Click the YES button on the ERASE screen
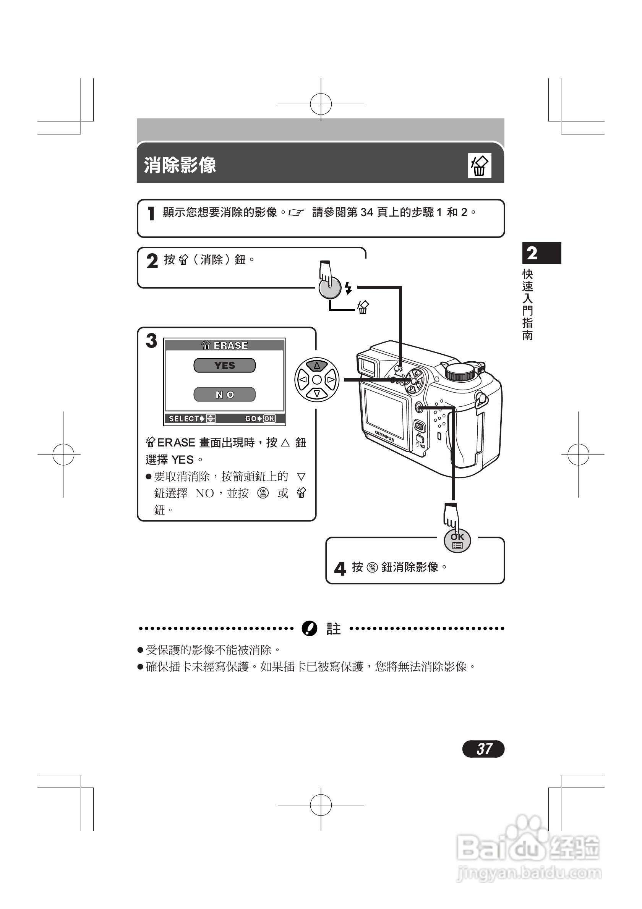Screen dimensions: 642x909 click(225, 366)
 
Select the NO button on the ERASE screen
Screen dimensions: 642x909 click(225, 394)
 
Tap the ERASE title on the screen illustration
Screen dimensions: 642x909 click(230, 345)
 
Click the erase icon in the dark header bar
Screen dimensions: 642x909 click(479, 165)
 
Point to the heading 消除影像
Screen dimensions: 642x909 click(180, 165)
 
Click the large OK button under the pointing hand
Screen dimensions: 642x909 click(457, 541)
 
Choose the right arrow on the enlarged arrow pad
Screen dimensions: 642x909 click(331, 380)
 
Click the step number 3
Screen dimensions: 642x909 click(151, 340)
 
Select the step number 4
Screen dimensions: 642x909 click(340, 569)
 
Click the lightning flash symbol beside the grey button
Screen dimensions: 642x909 click(348, 288)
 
